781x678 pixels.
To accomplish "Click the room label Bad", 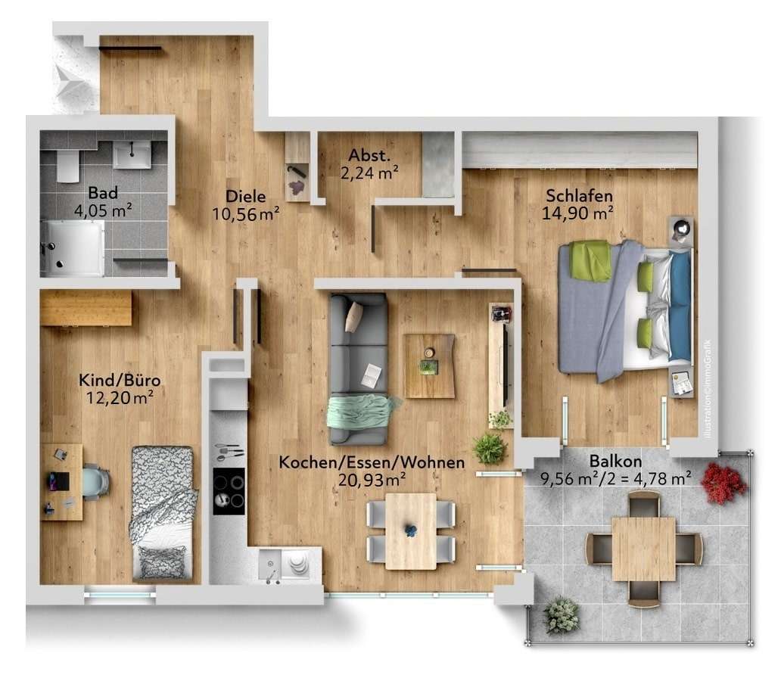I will tap(102, 192).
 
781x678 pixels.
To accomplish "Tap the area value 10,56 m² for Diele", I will tap(245, 214).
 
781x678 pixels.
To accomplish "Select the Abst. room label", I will tap(369, 157).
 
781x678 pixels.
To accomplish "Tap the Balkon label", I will tap(615, 461).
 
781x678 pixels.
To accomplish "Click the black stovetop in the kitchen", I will tap(229, 490).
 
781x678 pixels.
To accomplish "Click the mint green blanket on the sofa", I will tap(361, 412).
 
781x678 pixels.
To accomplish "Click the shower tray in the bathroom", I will tap(73, 248).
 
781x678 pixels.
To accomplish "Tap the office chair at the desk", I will tap(95, 482).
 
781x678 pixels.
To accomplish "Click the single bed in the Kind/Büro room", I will tap(163, 512).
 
